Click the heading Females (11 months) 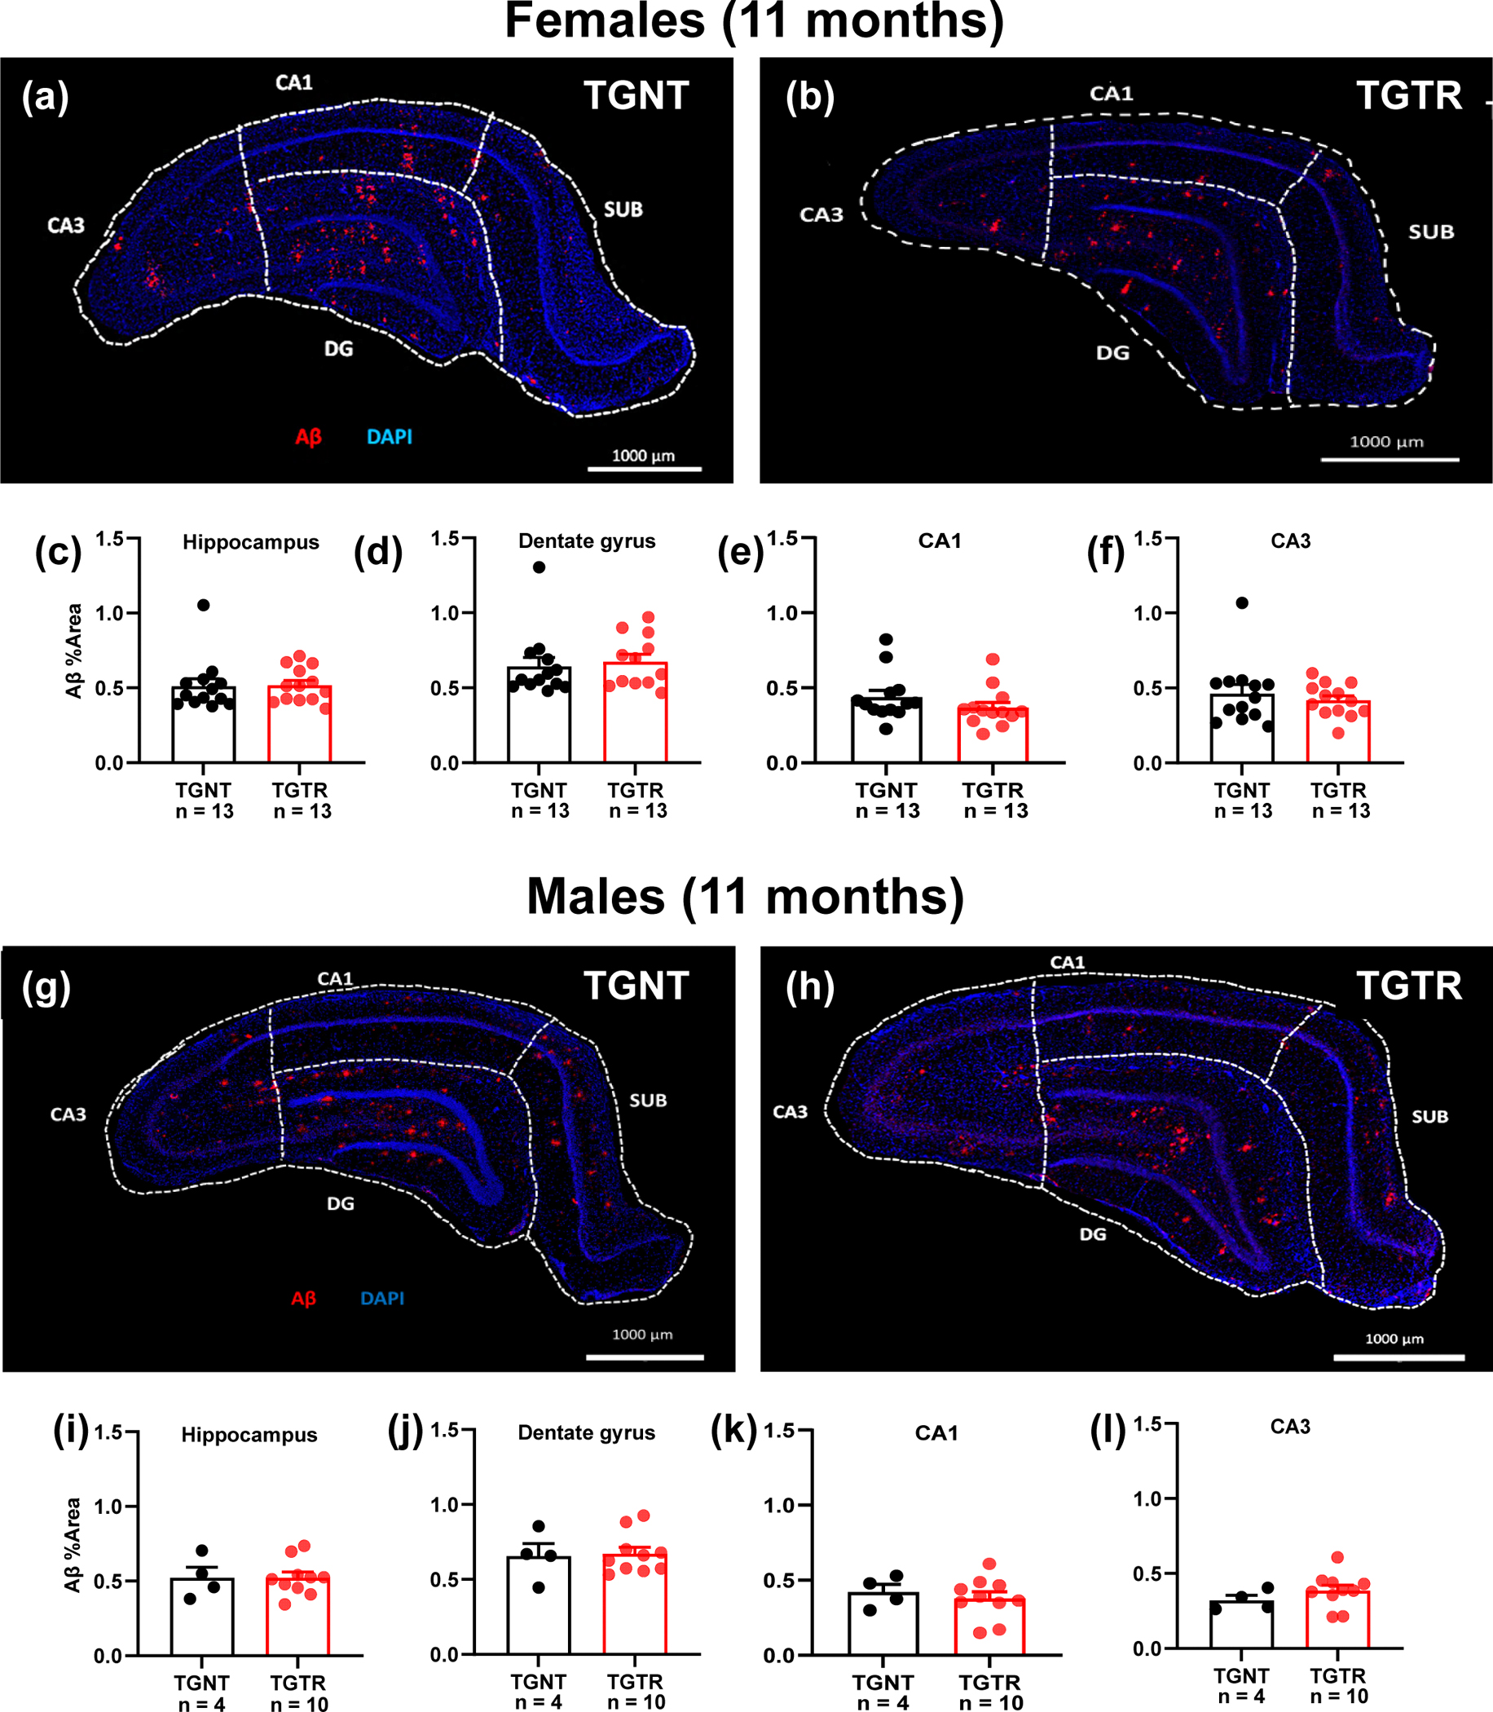(x=754, y=22)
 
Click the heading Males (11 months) (x=745, y=897)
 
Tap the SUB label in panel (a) (x=623, y=210)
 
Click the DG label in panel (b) (x=1112, y=353)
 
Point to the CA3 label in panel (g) (x=68, y=1114)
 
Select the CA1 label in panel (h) (x=1068, y=963)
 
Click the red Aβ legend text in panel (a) (x=308, y=438)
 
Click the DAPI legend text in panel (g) (x=382, y=1299)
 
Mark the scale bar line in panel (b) (x=1390, y=459)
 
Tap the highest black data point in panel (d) (x=539, y=567)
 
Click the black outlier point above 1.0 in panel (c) (x=203, y=605)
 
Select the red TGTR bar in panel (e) (x=993, y=735)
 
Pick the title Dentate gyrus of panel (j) (x=586, y=1432)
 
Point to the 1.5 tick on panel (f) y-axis (x=1147, y=538)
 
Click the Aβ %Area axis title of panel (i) (x=73, y=1544)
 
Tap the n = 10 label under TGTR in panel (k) (x=991, y=1703)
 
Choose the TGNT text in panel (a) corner (x=636, y=96)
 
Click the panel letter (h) (x=810, y=987)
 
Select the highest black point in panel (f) (x=1241, y=603)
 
